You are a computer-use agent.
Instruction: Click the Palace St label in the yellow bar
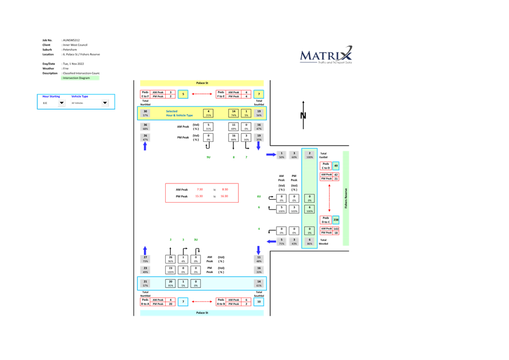[x=202, y=83]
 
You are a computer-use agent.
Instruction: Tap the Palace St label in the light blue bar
[x=202, y=313]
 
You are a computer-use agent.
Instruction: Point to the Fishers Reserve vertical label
[x=345, y=198]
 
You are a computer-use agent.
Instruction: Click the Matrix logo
[x=326, y=55]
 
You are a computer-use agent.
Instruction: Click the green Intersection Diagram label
[x=80, y=78]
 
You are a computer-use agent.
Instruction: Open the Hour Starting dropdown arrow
[x=61, y=103]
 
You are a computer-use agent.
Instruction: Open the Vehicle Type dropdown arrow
[x=104, y=103]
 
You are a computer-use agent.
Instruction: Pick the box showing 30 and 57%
[x=145, y=113]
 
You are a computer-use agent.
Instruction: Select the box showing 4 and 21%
[x=208, y=113]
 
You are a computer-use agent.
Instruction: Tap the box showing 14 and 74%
[x=233, y=113]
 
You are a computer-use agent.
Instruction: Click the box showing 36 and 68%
[x=145, y=126]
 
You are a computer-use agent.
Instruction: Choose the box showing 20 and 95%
[x=171, y=283]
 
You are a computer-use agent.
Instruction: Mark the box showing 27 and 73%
[x=145, y=259]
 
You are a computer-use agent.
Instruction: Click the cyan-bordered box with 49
[x=336, y=166]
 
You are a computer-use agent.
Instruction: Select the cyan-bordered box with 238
[x=336, y=220]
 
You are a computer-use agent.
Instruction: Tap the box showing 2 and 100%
[x=309, y=155]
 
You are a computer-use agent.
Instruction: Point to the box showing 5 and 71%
[x=281, y=242]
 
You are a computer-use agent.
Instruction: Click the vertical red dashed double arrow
[x=329, y=198]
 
